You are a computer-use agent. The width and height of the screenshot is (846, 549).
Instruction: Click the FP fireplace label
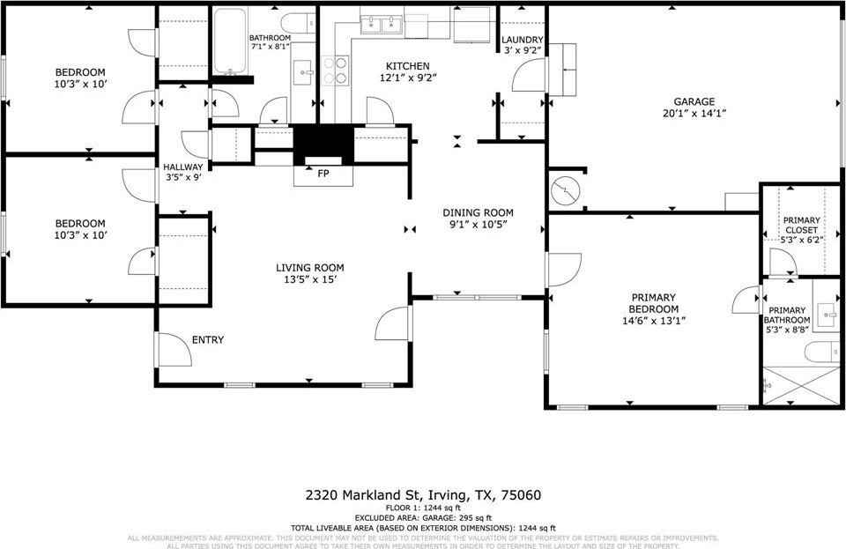(x=323, y=174)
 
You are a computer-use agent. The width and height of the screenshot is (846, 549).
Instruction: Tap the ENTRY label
(x=208, y=340)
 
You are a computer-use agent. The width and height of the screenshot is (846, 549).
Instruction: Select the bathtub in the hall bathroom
(x=231, y=42)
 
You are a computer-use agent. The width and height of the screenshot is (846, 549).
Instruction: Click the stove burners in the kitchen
(x=336, y=70)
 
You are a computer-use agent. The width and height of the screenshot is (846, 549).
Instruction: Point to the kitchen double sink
(x=381, y=25)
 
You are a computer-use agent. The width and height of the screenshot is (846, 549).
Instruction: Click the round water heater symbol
(x=563, y=190)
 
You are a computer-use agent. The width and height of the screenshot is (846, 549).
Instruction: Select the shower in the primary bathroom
(x=800, y=385)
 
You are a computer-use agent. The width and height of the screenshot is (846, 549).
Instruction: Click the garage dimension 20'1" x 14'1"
(x=694, y=114)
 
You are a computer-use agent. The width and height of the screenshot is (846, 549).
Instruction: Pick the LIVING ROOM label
(x=309, y=268)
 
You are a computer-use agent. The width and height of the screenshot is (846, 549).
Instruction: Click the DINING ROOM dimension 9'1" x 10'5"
(x=478, y=226)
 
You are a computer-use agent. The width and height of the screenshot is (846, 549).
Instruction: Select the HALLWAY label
(x=182, y=167)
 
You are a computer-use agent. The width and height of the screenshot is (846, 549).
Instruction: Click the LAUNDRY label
(x=522, y=41)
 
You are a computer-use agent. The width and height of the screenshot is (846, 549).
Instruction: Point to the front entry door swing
(x=174, y=350)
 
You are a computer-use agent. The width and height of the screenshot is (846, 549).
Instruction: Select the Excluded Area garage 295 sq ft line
(x=422, y=517)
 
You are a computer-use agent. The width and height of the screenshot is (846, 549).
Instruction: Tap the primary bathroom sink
(x=827, y=310)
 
